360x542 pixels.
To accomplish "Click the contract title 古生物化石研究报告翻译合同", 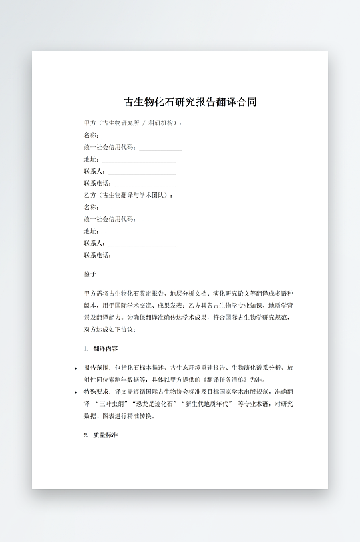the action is pos(190,103).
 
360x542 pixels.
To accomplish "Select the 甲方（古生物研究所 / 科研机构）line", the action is pos(134,123).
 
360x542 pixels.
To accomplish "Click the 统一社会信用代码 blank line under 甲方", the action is pos(160,148).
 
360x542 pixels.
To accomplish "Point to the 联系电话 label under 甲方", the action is pos(98,183).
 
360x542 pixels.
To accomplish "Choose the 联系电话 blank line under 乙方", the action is pos(145,255).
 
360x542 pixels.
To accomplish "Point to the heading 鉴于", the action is pos(90,274).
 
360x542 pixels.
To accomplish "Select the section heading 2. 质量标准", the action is pos(101,435).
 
